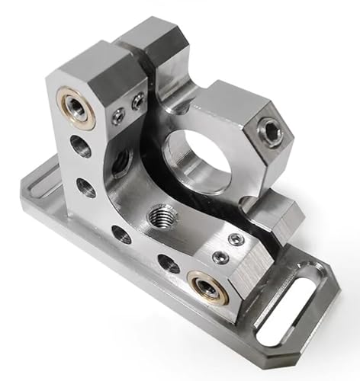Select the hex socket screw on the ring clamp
271,131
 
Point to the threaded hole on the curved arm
160,214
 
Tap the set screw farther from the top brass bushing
138,101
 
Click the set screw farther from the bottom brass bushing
236,240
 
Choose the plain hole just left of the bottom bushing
169,264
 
